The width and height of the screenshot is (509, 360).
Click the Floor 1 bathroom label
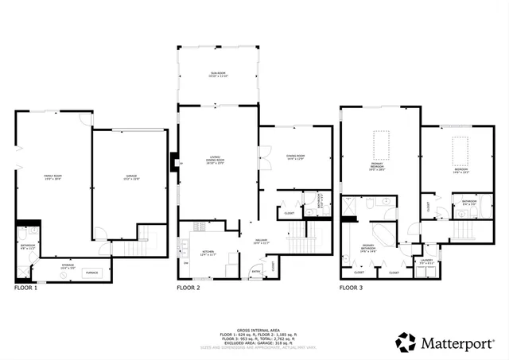pyautogui.click(x=28, y=247)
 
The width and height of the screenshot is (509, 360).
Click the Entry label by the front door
pyautogui.click(x=256, y=271)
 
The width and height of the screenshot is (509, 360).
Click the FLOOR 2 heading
pyautogui.click(x=188, y=288)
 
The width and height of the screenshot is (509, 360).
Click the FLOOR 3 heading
pyautogui.click(x=352, y=288)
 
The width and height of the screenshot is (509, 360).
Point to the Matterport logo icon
pyautogui.click(x=407, y=343)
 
